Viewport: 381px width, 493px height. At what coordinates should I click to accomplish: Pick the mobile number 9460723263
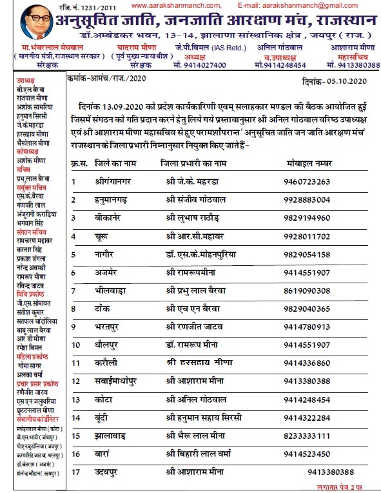pos(310,182)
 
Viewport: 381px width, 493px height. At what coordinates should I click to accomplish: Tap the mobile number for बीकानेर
pos(310,218)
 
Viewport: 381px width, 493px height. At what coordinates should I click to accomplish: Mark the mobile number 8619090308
pos(310,290)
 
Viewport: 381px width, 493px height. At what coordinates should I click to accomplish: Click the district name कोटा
pos(103,399)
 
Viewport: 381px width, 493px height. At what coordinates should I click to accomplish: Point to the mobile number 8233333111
pos(310,436)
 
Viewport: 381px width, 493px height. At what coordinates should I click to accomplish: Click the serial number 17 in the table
pos(75,472)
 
